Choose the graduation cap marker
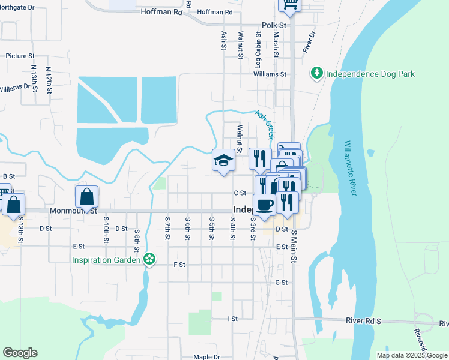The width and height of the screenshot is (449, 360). [223, 161]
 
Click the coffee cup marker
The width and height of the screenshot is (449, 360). [265, 205]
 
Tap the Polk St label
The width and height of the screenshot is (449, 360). [274, 26]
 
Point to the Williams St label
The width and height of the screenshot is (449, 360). [270, 74]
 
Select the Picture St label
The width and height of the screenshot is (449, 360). [20, 56]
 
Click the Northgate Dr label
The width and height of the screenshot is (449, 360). [17, 7]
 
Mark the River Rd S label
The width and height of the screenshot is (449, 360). [364, 320]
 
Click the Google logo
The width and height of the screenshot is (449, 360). [20, 353]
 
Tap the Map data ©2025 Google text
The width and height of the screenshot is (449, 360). [411, 355]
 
